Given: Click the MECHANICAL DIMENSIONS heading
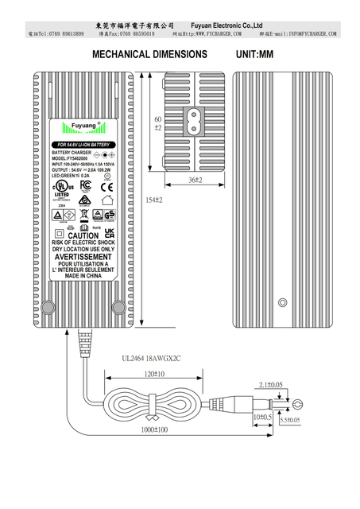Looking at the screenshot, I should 150,55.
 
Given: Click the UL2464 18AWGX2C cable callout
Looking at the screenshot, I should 152,359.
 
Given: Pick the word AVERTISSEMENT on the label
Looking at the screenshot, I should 83,257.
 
